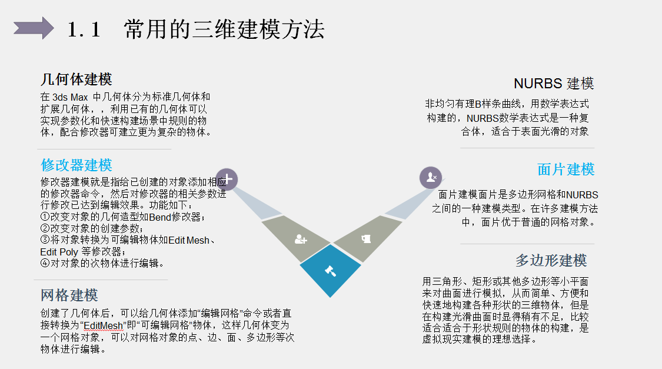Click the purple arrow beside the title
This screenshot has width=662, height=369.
[x=34, y=28]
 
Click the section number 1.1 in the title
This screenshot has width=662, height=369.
[x=85, y=29]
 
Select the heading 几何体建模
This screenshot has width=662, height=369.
[x=76, y=79]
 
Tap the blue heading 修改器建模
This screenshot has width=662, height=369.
[x=76, y=165]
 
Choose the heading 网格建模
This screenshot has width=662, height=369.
[x=69, y=295]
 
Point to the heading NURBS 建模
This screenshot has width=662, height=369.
[x=554, y=83]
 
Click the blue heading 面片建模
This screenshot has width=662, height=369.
[x=565, y=169]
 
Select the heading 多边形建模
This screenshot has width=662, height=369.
[x=551, y=260]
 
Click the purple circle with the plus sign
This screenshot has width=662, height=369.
[x=228, y=178]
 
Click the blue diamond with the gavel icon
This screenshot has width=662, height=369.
[x=330, y=271]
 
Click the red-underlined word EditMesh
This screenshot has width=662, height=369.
[x=103, y=325]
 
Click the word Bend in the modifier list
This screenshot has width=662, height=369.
[x=159, y=217]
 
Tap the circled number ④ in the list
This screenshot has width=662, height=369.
[x=45, y=263]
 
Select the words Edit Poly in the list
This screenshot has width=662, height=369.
[x=59, y=251]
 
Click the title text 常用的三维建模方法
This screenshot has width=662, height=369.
[x=224, y=29]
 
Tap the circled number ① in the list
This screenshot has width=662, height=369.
[x=45, y=217]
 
